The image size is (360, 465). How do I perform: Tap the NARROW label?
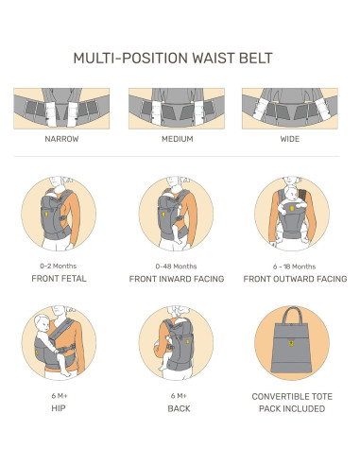click(x=61, y=139)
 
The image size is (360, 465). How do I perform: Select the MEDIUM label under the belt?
click(x=177, y=139)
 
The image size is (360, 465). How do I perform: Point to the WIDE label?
click(x=290, y=139)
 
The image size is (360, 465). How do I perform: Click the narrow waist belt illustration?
click(x=61, y=109)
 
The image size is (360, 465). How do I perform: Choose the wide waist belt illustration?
click(x=290, y=109)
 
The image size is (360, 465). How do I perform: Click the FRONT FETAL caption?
click(x=59, y=279)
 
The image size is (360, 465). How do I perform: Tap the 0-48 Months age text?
click(x=176, y=267)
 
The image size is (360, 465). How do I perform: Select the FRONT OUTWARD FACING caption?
click(x=295, y=279)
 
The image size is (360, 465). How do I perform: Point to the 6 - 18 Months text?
click(x=294, y=267)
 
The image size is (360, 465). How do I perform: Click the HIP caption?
click(x=59, y=408)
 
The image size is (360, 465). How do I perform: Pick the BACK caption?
click(x=179, y=408)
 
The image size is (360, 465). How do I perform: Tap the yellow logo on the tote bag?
click(x=292, y=343)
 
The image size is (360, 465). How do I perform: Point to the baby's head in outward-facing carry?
click(x=291, y=193)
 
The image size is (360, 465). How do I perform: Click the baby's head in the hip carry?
click(x=42, y=322)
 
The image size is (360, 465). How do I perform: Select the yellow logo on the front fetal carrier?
click(x=46, y=215)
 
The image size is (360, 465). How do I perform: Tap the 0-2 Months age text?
click(x=59, y=267)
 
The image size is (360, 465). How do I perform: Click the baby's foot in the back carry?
click(x=163, y=368)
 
